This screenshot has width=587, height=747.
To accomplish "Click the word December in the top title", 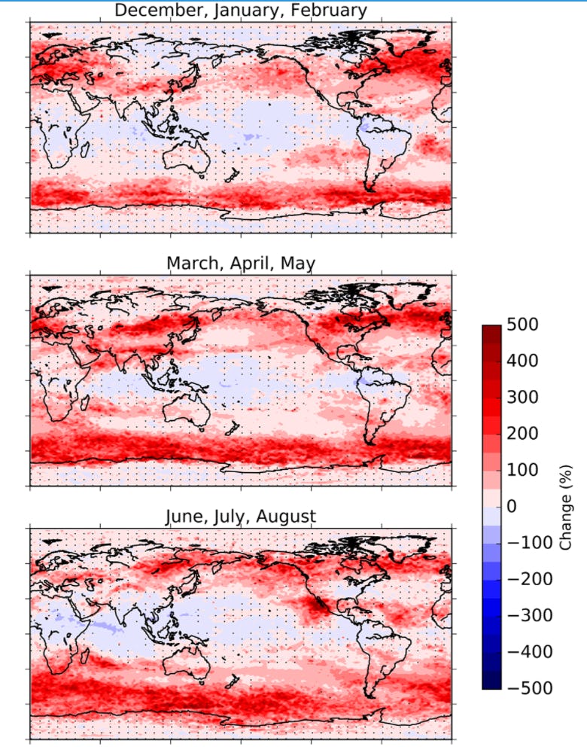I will [151, 11].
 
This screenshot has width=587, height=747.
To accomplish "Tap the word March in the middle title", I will [191, 263].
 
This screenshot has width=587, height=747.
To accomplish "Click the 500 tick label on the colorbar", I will [524, 325].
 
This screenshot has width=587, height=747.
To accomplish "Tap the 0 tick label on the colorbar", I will [512, 507].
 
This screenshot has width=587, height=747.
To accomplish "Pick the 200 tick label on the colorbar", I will [524, 434].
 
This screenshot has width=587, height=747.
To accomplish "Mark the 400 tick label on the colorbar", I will [524, 361].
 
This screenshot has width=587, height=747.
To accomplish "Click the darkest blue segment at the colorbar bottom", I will [491, 682].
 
